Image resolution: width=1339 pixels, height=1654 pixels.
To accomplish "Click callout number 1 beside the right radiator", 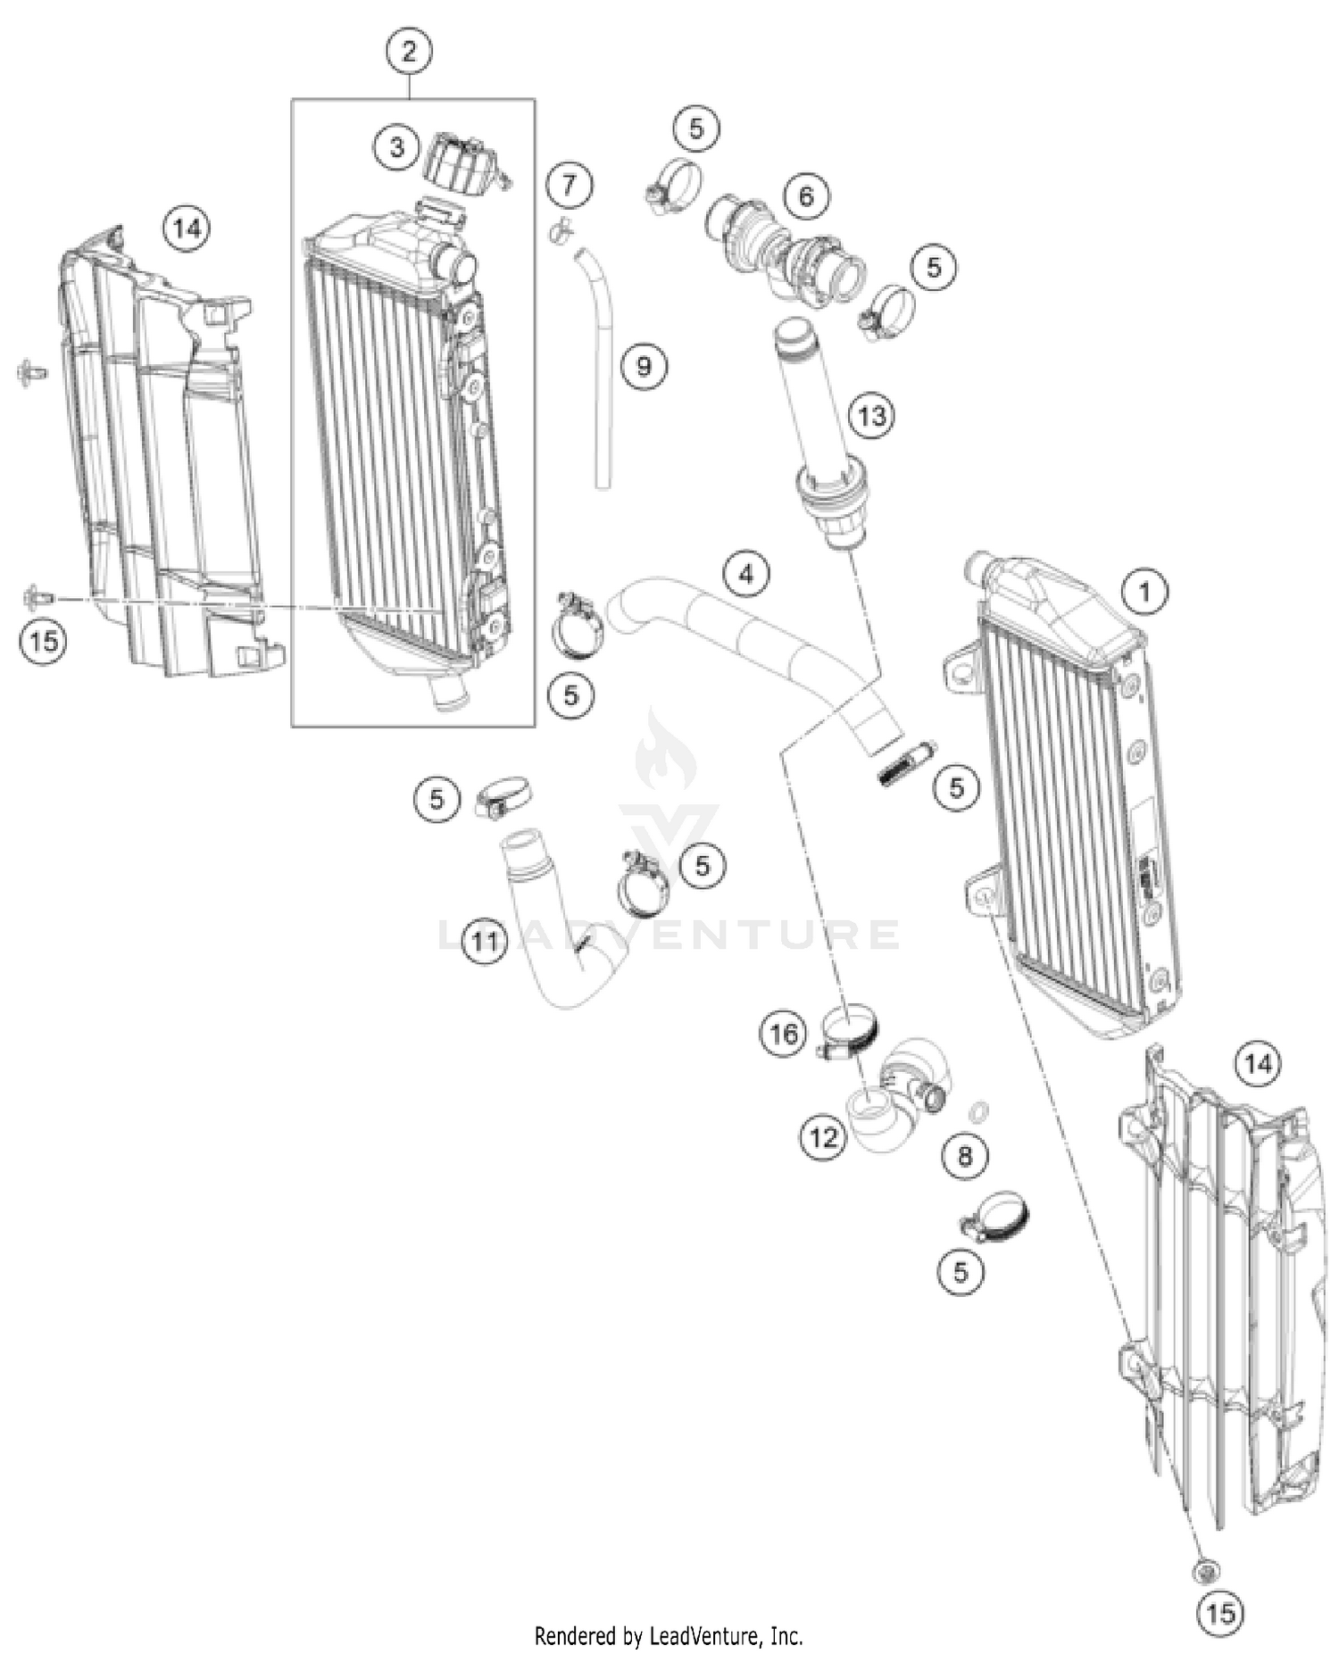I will [1144, 591].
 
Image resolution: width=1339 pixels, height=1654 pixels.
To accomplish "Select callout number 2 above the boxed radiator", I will [409, 51].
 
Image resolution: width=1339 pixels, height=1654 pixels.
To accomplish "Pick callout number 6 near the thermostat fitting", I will [806, 195].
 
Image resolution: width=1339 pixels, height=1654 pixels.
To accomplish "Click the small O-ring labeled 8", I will [978, 1111].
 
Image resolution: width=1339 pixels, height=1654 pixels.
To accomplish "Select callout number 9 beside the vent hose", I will [644, 365].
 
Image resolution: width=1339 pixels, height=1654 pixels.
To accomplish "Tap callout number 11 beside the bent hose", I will [485, 941].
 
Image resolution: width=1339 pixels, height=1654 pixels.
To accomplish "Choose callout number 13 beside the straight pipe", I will [871, 415].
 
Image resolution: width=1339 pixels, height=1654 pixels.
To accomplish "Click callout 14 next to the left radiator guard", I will [187, 229].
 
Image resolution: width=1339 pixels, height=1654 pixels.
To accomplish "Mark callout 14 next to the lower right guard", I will [1257, 1063].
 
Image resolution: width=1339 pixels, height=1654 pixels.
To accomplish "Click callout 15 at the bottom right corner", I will [1220, 1613].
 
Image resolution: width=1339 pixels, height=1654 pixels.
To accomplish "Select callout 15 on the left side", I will [44, 640].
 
